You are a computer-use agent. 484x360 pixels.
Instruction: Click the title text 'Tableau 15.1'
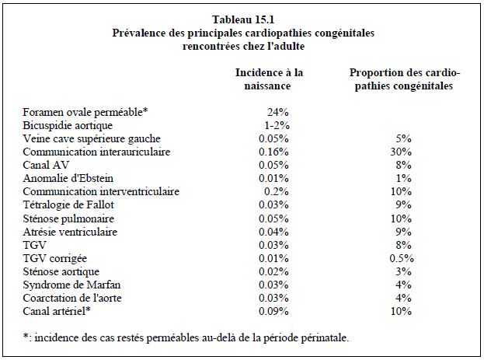243,19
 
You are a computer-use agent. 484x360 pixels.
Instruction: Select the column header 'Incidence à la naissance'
269,79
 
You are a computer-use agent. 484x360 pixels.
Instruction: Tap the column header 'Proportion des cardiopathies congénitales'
404,79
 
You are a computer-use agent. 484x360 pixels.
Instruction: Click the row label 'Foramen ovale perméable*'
85,112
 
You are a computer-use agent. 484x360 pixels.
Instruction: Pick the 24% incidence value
277,112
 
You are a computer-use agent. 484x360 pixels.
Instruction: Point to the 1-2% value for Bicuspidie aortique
277,125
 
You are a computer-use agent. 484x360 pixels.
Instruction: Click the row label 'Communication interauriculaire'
96,152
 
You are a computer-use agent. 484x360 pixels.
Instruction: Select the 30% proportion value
401,152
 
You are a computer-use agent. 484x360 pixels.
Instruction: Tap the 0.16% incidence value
273,152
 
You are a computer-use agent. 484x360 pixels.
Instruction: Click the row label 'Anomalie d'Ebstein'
68,178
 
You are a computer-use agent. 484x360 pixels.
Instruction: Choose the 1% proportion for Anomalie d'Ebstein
403,178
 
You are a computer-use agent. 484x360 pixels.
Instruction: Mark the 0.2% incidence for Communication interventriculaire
277,191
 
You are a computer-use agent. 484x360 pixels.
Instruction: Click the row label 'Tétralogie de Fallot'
68,204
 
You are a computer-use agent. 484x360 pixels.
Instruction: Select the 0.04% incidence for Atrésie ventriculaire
273,232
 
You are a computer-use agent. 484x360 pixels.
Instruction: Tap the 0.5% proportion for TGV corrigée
402,258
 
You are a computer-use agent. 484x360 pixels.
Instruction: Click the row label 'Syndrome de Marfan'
71,285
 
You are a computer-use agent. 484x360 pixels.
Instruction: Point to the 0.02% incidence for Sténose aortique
273,271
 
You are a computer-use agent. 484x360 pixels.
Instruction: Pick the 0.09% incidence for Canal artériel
273,311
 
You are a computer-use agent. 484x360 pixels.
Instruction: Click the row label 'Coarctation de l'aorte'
72,298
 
